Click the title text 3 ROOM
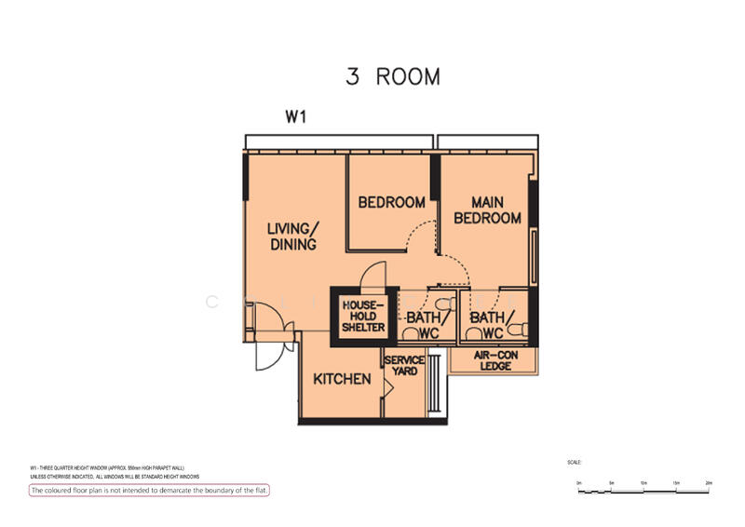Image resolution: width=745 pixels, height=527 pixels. click(x=392, y=76)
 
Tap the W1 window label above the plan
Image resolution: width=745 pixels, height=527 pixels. click(x=295, y=118)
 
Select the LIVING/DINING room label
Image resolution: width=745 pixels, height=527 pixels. click(x=291, y=236)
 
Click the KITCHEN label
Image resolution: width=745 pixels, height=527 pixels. click(x=342, y=380)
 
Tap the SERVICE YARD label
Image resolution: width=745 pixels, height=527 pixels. click(x=404, y=366)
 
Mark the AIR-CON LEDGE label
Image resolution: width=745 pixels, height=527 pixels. click(x=494, y=361)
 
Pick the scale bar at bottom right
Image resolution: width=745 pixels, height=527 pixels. click(x=643, y=488)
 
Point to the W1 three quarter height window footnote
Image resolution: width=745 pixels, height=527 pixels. click(x=113, y=466)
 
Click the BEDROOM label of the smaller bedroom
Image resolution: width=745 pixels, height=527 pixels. click(x=391, y=202)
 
